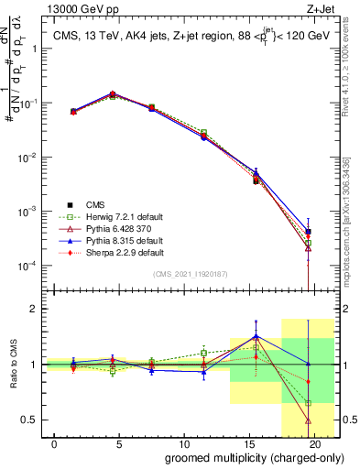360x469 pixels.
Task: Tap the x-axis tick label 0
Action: (x=56, y=443)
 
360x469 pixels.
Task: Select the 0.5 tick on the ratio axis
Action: (x=30, y=420)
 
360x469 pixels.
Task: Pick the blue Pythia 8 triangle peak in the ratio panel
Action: (x=256, y=336)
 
